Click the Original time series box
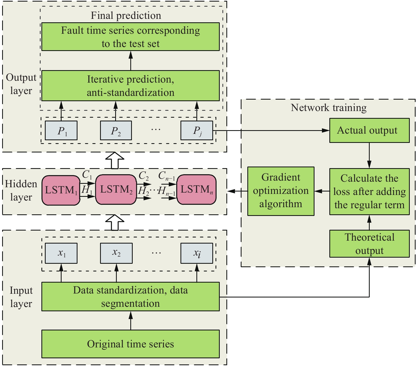point(130,344)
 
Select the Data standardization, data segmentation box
point(130,297)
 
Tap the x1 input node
point(61,253)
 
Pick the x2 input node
point(116,253)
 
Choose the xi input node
point(197,253)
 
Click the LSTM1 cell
point(61,190)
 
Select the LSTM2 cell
point(116,190)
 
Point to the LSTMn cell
point(196,190)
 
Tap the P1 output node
point(61,130)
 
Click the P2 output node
point(116,130)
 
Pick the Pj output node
point(197,130)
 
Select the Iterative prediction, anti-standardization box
point(130,86)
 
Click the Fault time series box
point(130,37)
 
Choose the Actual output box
point(369,130)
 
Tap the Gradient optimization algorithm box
point(281,191)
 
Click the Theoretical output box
point(369,244)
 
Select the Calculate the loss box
point(369,191)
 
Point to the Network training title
point(329,108)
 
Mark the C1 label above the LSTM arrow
point(87,175)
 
